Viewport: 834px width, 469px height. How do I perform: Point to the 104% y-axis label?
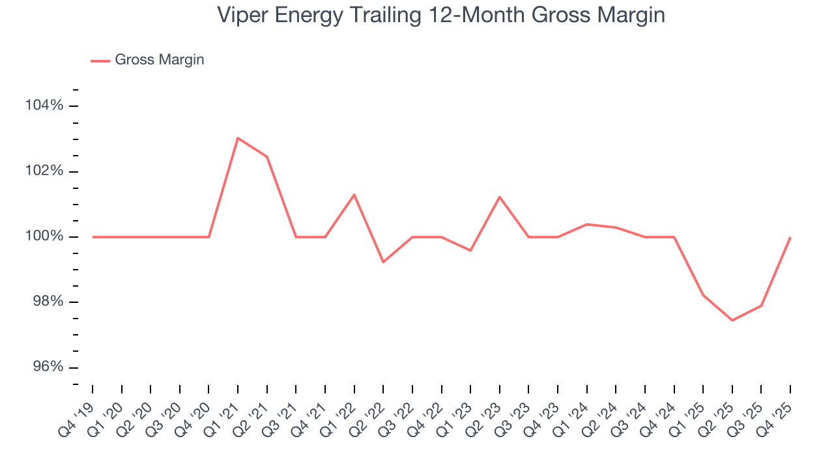[45, 106]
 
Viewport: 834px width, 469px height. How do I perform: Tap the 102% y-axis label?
[45, 171]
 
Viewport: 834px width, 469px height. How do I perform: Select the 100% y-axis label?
[45, 236]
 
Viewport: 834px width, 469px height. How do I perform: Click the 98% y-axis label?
[47, 302]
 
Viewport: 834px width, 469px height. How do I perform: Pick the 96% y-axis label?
[47, 367]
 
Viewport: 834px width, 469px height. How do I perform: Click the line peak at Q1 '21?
[238, 138]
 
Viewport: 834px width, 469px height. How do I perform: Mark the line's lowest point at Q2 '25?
[732, 320]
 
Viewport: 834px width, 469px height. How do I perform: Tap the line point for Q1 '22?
[354, 195]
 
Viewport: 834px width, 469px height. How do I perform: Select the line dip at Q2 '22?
[383, 262]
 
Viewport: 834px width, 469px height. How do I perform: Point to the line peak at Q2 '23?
[500, 197]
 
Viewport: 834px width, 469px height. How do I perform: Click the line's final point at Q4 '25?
[790, 237]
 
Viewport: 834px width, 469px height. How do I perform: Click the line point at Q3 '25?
[762, 306]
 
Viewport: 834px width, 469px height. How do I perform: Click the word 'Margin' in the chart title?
[626, 14]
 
